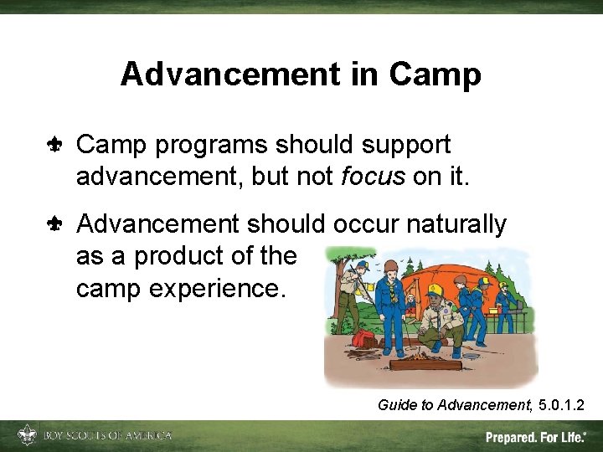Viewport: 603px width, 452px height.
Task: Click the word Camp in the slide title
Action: tap(435, 75)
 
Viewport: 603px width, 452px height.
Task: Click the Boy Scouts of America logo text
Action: tap(107, 435)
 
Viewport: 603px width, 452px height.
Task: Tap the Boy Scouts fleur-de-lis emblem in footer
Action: tap(27, 434)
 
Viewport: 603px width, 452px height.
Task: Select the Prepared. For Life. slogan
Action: tap(535, 436)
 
